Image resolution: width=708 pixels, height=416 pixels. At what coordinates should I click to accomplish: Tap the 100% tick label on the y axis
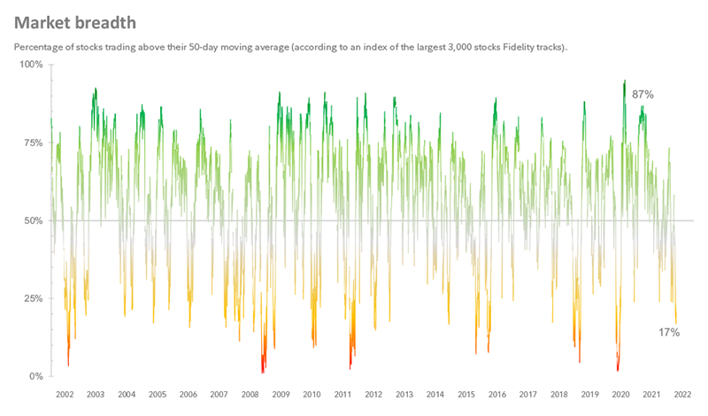(x=32, y=65)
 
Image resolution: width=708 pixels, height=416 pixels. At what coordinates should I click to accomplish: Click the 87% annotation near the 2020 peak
(x=643, y=94)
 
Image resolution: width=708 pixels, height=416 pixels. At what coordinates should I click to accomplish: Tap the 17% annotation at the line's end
(x=668, y=333)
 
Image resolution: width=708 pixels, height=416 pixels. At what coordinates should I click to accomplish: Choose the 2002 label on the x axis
(x=65, y=395)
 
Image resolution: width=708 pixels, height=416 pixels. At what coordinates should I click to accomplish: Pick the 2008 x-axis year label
(x=250, y=395)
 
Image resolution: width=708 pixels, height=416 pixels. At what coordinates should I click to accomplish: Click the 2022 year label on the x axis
(x=682, y=395)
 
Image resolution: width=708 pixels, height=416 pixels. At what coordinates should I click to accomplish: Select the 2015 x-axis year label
(x=466, y=395)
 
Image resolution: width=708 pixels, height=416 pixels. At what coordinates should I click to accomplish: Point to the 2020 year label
(x=620, y=395)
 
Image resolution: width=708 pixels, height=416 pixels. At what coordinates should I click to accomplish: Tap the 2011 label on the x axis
(x=342, y=395)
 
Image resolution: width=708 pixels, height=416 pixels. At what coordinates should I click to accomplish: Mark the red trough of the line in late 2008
(x=263, y=370)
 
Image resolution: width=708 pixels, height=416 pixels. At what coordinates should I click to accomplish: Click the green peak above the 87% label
(x=625, y=81)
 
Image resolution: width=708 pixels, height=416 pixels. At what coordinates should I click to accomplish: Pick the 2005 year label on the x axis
(x=158, y=395)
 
